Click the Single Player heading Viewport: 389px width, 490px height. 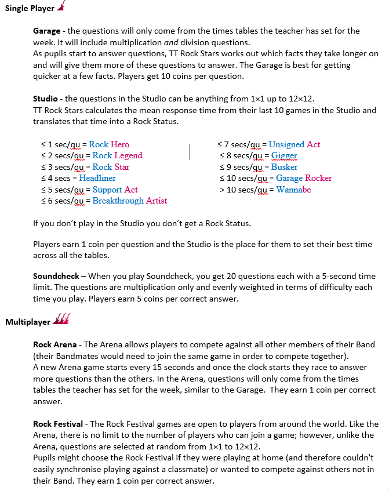point(30,9)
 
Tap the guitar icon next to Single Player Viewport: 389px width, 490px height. point(62,7)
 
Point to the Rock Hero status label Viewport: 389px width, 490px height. point(109,144)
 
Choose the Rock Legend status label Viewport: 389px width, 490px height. point(117,155)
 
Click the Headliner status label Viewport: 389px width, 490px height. point(97,178)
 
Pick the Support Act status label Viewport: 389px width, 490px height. point(115,190)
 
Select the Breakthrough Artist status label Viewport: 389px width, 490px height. point(130,201)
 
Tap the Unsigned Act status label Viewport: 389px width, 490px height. point(295,144)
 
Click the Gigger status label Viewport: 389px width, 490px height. point(284,155)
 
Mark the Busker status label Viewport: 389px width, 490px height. point(285,167)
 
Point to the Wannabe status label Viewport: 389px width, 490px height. point(293,190)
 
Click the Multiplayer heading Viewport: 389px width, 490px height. point(27,322)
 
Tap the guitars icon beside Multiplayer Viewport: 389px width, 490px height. point(61,320)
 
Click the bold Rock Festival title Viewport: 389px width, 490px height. point(59,424)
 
